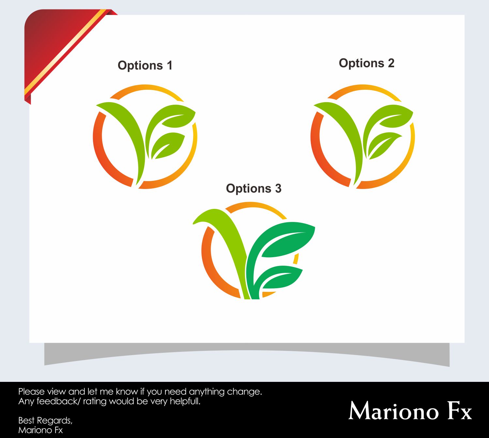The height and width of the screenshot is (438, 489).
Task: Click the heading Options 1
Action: pos(145,66)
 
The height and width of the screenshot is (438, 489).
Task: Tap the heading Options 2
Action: pos(366,63)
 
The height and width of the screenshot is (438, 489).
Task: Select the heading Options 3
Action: pos(253,189)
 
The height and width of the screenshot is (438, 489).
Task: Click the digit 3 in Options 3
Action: pos(278,189)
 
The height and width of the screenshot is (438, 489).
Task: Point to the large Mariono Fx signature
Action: pos(410,411)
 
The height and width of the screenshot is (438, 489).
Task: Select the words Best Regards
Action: pos(45,420)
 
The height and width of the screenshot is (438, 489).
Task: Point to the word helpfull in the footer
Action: pos(184,401)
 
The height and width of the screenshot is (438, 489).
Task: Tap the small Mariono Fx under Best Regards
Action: pos(40,430)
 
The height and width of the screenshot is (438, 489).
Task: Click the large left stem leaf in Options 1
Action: pos(127,131)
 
